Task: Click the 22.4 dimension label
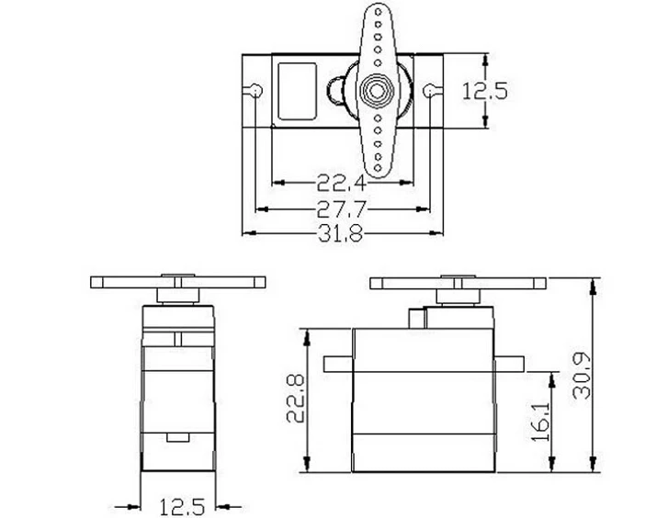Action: click(341, 183)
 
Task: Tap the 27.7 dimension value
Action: click(341, 208)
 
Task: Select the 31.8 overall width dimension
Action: click(341, 233)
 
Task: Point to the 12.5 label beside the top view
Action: click(485, 91)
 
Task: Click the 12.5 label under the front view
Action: click(182, 507)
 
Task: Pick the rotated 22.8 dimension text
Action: click(295, 399)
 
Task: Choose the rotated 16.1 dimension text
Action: click(540, 422)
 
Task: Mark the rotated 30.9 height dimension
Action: click(582, 376)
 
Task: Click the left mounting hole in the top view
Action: click(255, 90)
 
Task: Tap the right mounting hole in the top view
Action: click(429, 90)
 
